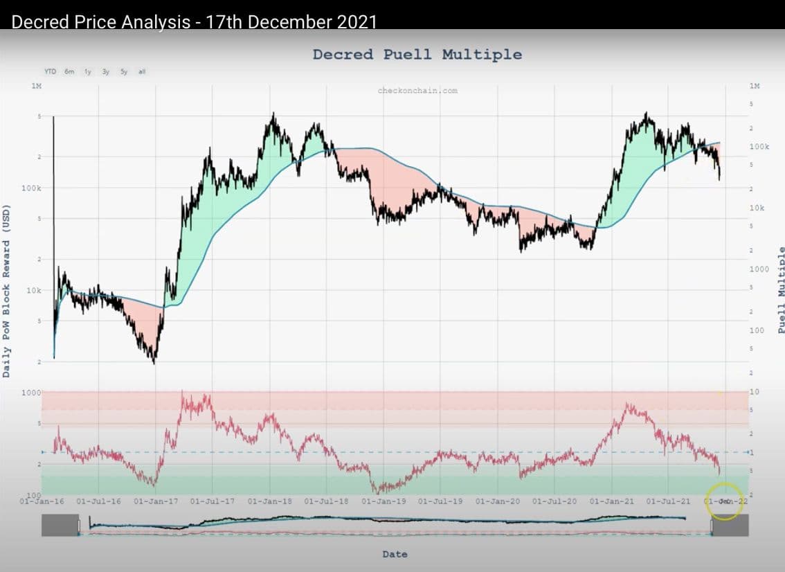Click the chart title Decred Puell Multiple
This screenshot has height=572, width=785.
click(417, 54)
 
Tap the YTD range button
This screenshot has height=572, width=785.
click(51, 71)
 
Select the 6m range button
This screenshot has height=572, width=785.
click(69, 71)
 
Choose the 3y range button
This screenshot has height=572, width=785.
click(106, 71)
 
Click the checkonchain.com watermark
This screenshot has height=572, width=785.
click(417, 90)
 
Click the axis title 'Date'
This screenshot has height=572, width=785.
click(395, 554)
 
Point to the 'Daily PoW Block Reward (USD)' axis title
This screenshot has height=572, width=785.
click(7, 291)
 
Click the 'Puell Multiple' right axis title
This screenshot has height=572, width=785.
click(782, 291)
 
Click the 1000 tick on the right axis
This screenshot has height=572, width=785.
click(759, 269)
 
